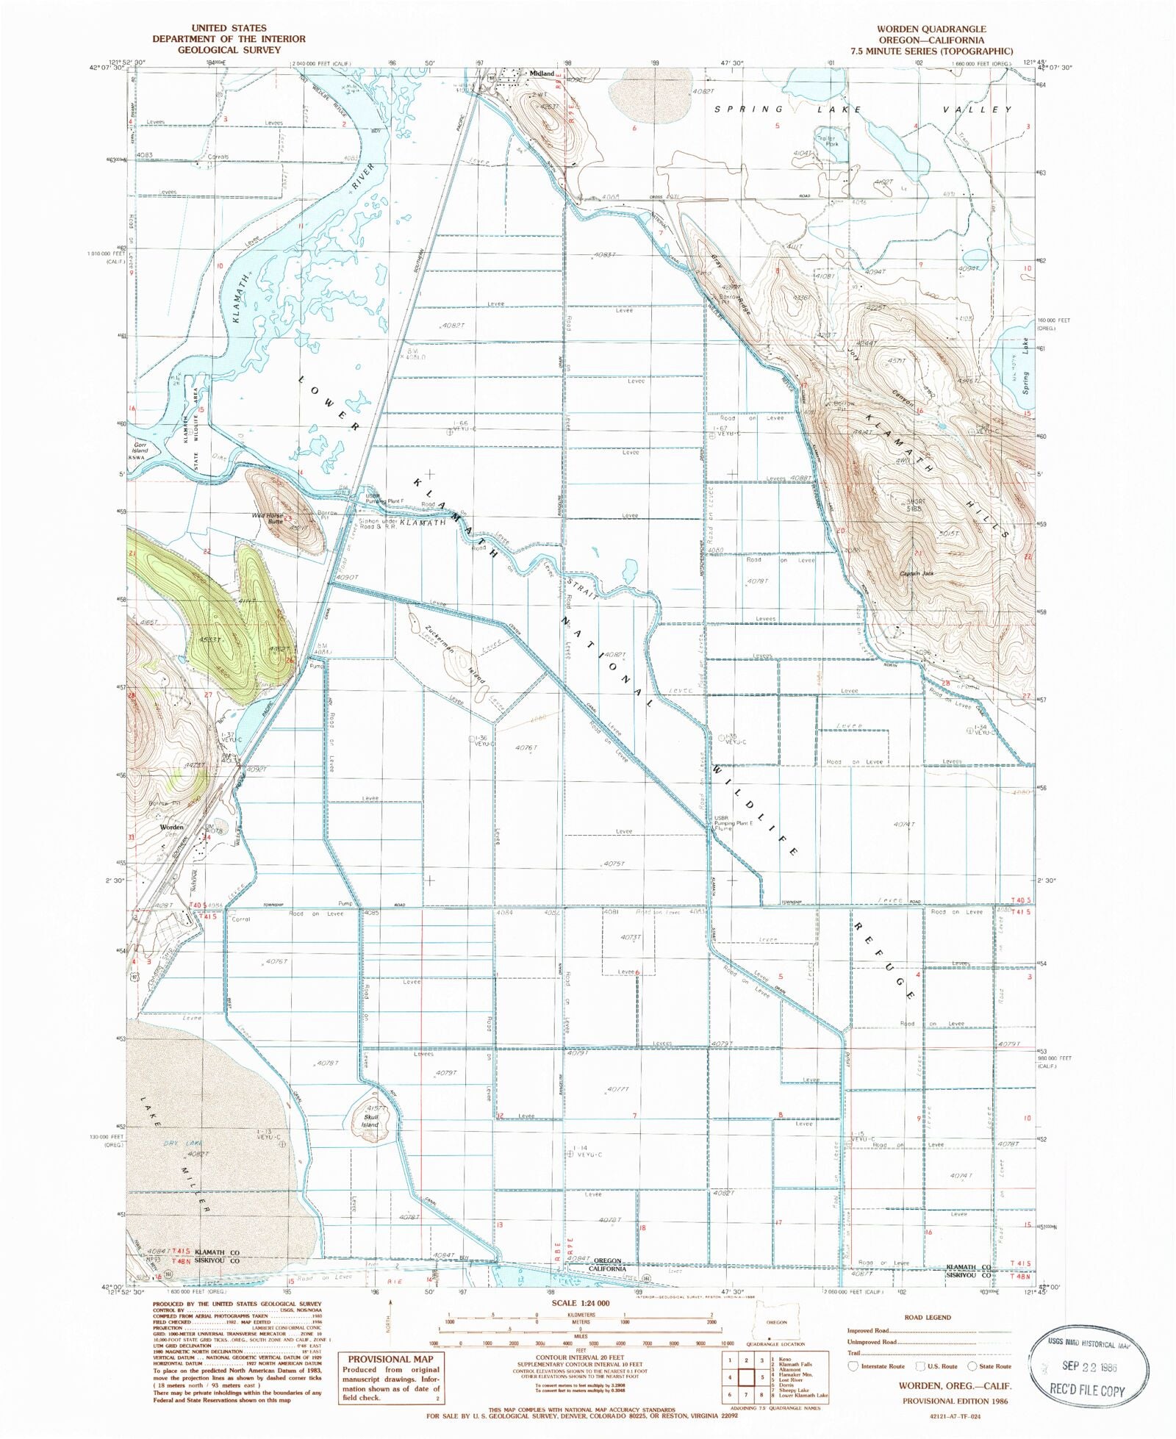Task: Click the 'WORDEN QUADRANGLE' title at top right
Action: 931,29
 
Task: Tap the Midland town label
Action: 542,74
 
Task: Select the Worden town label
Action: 172,827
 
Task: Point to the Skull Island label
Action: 370,1121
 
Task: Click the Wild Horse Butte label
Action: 268,519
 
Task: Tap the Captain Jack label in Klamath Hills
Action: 917,573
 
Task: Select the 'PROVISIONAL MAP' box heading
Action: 390,1360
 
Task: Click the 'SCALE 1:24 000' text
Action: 581,1302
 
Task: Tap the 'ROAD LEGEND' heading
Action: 928,1318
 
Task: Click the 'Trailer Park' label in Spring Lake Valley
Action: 827,140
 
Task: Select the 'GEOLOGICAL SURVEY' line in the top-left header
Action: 229,50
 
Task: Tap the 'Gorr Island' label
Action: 140,448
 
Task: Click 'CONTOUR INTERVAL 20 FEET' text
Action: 581,1357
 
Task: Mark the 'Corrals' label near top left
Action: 218,157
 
